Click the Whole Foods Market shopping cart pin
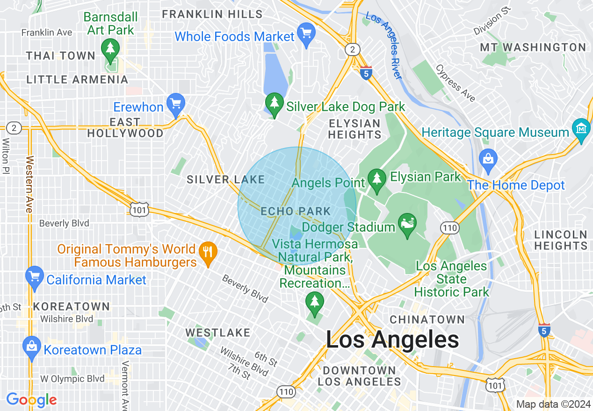point(306,34)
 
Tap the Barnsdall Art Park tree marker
point(110,49)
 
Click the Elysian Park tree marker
point(376,178)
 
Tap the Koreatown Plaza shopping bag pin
point(32,347)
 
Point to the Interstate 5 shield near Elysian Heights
point(366,73)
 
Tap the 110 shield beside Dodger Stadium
point(449,227)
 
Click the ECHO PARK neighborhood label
point(296,212)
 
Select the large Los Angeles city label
point(392,339)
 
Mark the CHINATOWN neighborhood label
point(427,319)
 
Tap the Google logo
point(31,400)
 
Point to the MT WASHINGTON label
point(533,47)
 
